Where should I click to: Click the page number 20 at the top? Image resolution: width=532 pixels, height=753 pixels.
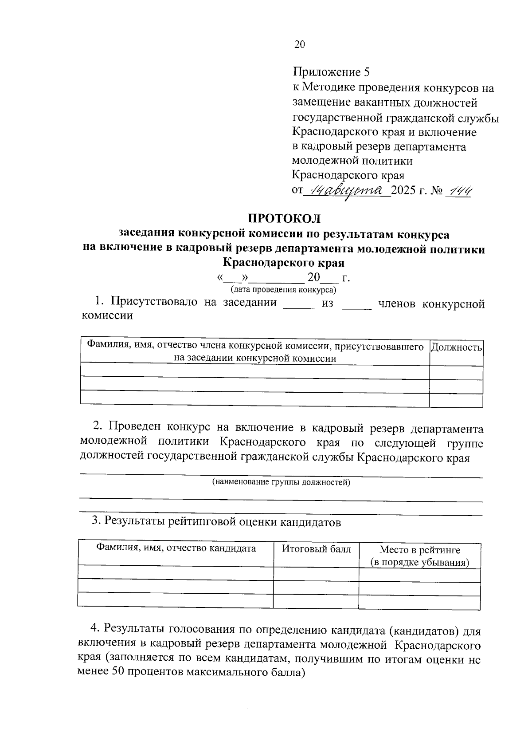(300, 44)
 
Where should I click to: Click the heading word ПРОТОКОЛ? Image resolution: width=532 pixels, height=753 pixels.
(284, 219)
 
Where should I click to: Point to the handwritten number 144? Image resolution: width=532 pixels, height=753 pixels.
(460, 191)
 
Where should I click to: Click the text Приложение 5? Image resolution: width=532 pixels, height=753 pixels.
(331, 72)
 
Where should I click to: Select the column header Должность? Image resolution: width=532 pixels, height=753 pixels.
(456, 347)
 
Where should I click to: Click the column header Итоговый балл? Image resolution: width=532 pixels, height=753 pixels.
(317, 549)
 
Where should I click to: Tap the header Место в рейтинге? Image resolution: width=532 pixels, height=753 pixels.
(419, 550)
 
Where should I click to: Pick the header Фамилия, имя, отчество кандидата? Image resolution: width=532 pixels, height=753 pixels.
(176, 548)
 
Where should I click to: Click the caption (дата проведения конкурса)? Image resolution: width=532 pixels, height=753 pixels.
(283, 290)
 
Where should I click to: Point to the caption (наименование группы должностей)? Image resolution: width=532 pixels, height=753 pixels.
(281, 482)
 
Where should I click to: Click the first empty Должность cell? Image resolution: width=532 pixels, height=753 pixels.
(456, 373)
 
